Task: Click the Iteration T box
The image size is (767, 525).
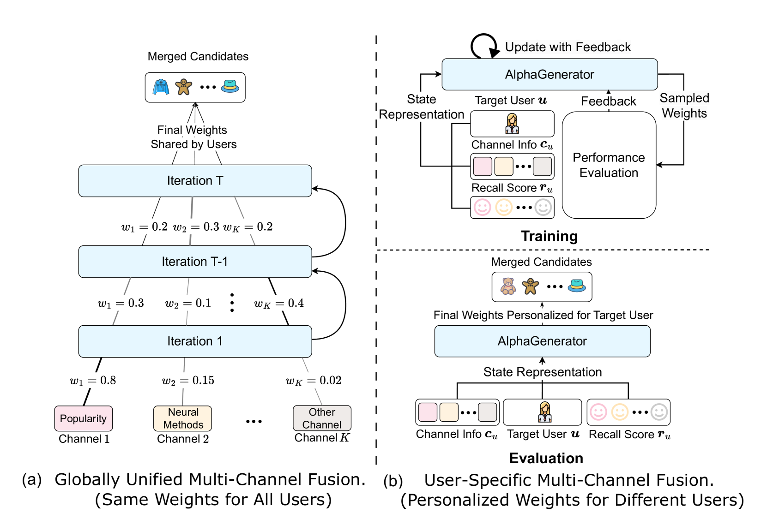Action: coord(195,181)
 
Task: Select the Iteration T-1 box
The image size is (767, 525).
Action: coord(195,262)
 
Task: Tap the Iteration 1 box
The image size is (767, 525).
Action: coord(195,341)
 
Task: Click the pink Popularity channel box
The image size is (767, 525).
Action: coord(83,418)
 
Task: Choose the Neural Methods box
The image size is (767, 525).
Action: coord(183,418)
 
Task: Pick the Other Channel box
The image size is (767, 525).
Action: coord(322,418)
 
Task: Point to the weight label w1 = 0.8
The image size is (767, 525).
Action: coord(93,381)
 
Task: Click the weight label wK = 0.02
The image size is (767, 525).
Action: coord(314,381)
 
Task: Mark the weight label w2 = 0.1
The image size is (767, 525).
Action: coord(188,303)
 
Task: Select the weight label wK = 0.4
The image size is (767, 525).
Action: coord(279,303)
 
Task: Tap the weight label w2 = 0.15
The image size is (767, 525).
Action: coord(188,381)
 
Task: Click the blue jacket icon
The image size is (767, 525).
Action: coord(161,87)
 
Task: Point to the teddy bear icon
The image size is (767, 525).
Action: coord(508,286)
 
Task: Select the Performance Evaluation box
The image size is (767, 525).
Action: coord(609,165)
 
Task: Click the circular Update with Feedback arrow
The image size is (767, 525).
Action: coord(483,46)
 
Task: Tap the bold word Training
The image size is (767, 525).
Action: coord(549,236)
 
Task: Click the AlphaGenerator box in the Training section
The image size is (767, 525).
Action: coord(550,74)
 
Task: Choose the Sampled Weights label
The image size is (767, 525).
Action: coord(684,106)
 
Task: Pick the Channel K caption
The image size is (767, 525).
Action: coord(322,438)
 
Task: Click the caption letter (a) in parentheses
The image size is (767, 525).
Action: coord(32,480)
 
